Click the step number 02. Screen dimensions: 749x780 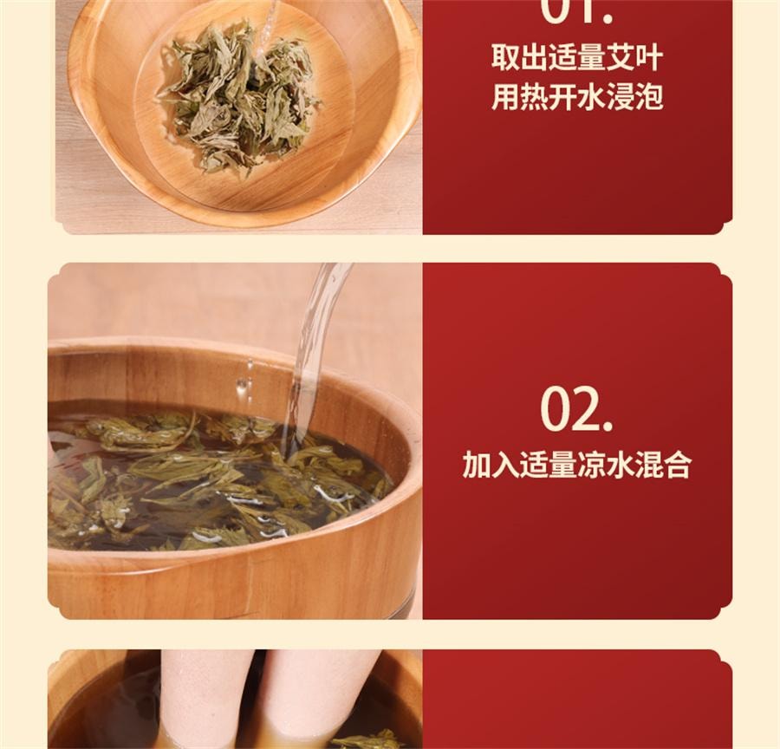point(576,409)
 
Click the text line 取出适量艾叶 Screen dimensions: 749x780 point(577,59)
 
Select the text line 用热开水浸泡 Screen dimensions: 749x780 point(577,97)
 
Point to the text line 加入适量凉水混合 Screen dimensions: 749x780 point(577,465)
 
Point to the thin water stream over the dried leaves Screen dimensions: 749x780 point(270,26)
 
